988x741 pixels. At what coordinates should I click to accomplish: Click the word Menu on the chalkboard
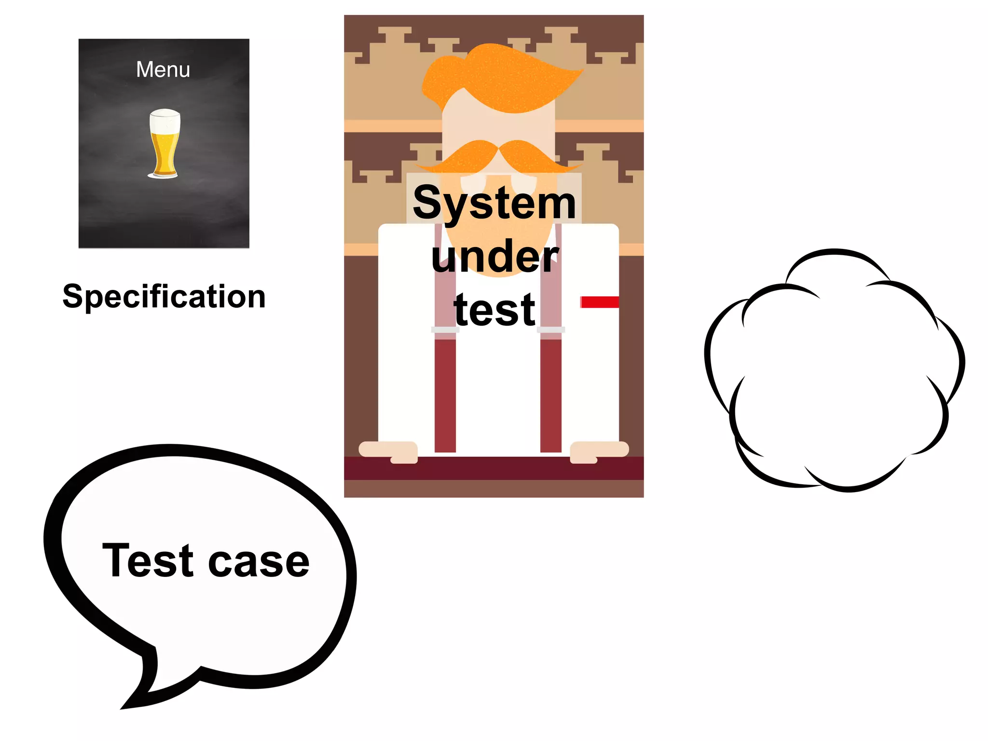pyautogui.click(x=163, y=70)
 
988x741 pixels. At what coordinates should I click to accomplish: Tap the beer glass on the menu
pyautogui.click(x=164, y=145)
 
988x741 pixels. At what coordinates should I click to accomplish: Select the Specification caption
pyautogui.click(x=164, y=296)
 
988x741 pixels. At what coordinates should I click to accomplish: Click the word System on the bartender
pyautogui.click(x=494, y=203)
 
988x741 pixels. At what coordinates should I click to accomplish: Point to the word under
pyautogui.click(x=494, y=257)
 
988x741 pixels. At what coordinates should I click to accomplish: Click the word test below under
pyautogui.click(x=494, y=310)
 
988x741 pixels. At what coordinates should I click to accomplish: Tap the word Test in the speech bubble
pyautogui.click(x=148, y=561)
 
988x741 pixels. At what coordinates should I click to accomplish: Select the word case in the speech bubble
pyautogui.click(x=259, y=563)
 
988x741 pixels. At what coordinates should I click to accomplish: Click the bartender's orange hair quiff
pyautogui.click(x=502, y=77)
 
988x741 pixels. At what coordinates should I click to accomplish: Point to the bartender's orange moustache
pyautogui.click(x=499, y=155)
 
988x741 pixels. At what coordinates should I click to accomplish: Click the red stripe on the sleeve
pyautogui.click(x=600, y=302)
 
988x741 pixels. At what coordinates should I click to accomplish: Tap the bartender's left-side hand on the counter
pyautogui.click(x=389, y=451)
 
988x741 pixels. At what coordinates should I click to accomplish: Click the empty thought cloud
pyautogui.click(x=835, y=371)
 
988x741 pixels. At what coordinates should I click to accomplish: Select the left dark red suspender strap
pyautogui.click(x=445, y=396)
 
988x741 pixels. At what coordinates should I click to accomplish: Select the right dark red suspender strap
pyautogui.click(x=551, y=396)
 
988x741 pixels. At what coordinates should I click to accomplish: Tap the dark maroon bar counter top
pyautogui.click(x=494, y=468)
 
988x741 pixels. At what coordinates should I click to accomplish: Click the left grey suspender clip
pyautogui.click(x=445, y=330)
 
